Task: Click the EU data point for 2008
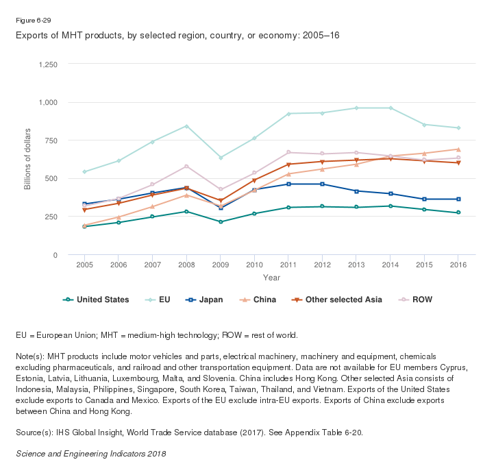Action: coord(186,126)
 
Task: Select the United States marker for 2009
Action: coord(221,222)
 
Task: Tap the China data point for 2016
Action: coord(458,149)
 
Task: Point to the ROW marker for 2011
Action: coord(288,152)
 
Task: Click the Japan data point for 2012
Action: coord(322,184)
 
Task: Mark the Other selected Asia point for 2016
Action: coord(458,163)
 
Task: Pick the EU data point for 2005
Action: coord(84,171)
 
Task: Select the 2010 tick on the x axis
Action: coord(255,264)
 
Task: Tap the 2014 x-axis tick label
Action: coord(390,264)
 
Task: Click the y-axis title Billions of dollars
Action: coord(27,160)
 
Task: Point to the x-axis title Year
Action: coord(271,278)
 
